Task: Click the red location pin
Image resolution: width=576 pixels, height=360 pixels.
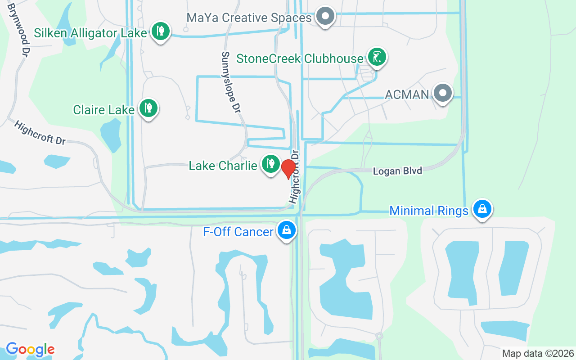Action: point(288,169)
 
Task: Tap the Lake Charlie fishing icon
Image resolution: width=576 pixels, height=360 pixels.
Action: point(270,164)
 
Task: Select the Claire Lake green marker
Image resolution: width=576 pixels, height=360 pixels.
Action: point(148,108)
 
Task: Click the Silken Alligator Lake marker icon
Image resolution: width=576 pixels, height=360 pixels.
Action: point(160,31)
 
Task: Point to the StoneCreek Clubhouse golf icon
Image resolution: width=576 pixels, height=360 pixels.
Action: point(377,57)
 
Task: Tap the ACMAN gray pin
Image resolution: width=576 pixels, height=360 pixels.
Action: point(442,93)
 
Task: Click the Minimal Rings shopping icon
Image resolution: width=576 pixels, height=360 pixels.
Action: point(482,209)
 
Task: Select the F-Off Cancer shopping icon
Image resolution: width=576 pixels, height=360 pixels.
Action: point(286,230)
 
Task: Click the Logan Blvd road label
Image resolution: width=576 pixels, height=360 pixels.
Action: point(398,171)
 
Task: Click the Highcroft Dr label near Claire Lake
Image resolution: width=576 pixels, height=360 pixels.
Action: point(40,133)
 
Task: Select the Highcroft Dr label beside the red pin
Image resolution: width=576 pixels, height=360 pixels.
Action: point(295,176)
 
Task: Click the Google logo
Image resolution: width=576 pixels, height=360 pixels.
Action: point(30,349)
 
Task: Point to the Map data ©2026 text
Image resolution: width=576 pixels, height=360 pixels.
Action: point(538,353)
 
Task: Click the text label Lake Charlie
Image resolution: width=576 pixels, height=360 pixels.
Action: point(223,166)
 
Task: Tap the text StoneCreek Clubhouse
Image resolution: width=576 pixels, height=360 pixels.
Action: point(300,58)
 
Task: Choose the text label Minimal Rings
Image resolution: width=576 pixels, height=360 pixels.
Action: point(429,211)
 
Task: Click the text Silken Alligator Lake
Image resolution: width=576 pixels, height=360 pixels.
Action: point(90,33)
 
